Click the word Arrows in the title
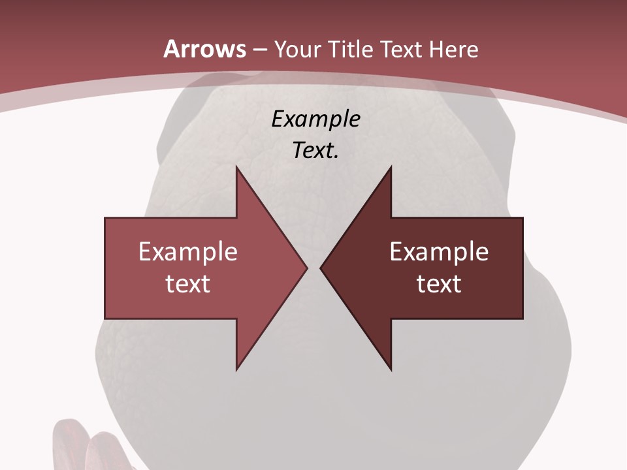(x=204, y=50)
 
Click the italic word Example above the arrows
(x=315, y=119)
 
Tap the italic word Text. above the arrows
(x=315, y=151)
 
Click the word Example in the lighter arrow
(x=188, y=251)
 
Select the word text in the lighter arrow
(x=188, y=283)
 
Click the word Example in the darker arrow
(x=439, y=251)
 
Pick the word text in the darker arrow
(x=439, y=283)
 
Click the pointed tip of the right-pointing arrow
(x=306, y=268)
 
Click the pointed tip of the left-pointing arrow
(x=321, y=268)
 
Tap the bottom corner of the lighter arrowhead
(x=236, y=369)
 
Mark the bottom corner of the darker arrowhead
(x=391, y=369)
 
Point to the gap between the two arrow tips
(x=313, y=268)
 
